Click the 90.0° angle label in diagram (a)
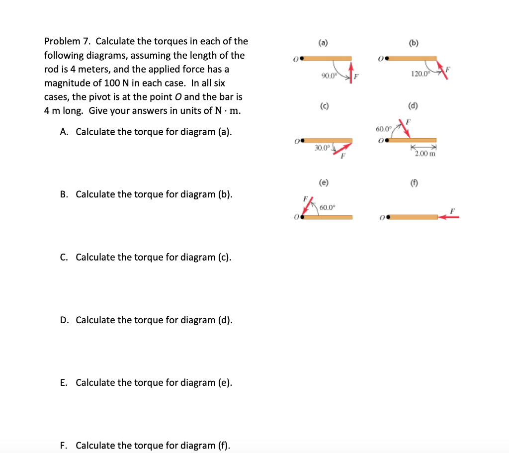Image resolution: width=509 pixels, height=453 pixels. click(328, 76)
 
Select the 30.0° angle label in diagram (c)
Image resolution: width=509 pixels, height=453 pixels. click(322, 148)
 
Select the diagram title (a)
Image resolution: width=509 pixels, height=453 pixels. click(324, 43)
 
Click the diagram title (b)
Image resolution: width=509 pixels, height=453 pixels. click(413, 43)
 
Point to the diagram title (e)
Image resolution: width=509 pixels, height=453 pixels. click(324, 182)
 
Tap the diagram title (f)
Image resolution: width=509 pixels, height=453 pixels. click(413, 182)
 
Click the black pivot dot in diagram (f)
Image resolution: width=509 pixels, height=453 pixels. click(386, 217)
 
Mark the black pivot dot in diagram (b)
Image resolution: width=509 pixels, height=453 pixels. click(386, 59)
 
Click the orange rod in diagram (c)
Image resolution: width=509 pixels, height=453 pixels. click(328, 141)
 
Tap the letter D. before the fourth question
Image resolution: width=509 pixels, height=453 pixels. click(65, 320)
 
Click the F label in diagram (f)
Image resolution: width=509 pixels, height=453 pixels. click(452, 210)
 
